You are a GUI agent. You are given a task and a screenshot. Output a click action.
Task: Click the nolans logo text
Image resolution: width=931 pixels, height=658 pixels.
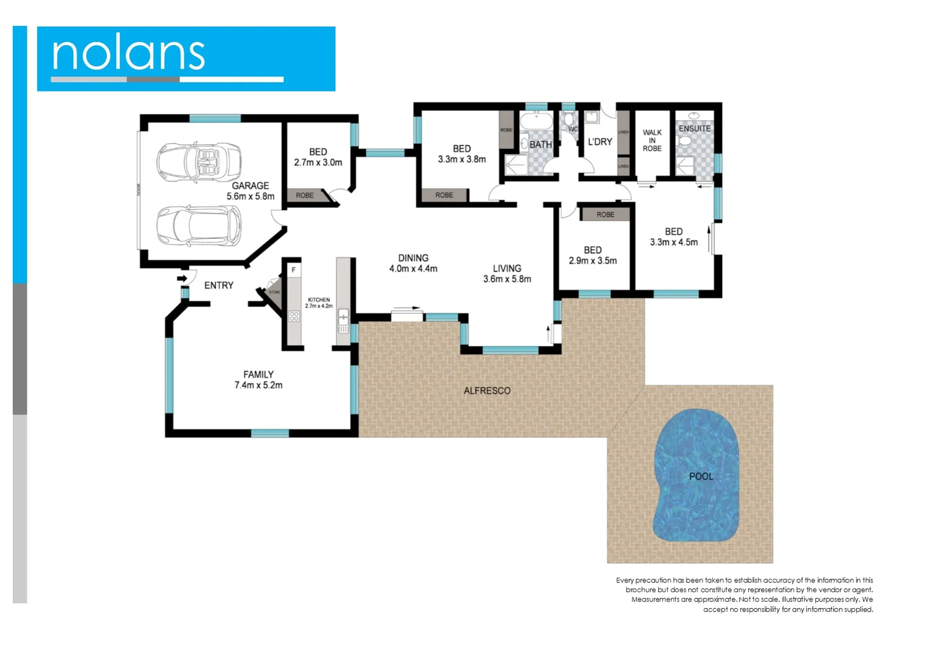pyautogui.click(x=129, y=54)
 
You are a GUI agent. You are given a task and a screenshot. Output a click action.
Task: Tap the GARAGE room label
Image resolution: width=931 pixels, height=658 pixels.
pyautogui.click(x=250, y=186)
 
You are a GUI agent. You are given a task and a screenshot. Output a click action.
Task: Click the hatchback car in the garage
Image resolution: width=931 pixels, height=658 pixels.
pyautogui.click(x=199, y=225)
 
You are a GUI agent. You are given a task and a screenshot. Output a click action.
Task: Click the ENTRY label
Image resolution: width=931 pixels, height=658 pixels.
pyautogui.click(x=219, y=285)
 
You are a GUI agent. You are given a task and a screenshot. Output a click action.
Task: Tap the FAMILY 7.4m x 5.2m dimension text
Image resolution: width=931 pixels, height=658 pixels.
pyautogui.click(x=258, y=385)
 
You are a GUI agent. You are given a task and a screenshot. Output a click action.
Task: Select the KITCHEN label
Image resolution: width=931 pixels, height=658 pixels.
pyautogui.click(x=319, y=300)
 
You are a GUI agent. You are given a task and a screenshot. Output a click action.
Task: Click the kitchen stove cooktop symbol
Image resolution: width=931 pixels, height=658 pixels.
pyautogui.click(x=294, y=316)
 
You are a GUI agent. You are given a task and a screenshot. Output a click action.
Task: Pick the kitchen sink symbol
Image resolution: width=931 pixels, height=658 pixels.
pyautogui.click(x=343, y=317)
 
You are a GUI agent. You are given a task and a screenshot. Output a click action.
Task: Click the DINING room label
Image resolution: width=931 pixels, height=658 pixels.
pyautogui.click(x=413, y=258)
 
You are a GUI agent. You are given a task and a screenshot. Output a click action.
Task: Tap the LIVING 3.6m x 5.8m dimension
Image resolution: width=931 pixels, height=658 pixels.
pyautogui.click(x=507, y=279)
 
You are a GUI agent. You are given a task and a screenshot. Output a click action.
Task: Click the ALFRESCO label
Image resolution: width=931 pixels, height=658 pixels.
pyautogui.click(x=487, y=391)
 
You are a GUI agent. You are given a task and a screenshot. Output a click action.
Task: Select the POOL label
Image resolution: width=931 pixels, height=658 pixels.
pyautogui.click(x=701, y=476)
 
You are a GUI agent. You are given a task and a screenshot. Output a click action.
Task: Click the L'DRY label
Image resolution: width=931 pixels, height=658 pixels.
pyautogui.click(x=600, y=141)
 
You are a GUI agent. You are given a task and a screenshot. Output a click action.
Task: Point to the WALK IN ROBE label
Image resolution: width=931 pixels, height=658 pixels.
pyautogui.click(x=652, y=140)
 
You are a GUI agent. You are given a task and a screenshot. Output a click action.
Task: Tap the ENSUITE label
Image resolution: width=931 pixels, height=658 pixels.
pyautogui.click(x=695, y=129)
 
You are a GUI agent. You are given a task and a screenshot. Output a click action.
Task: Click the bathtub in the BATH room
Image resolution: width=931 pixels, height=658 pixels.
pyautogui.click(x=536, y=121)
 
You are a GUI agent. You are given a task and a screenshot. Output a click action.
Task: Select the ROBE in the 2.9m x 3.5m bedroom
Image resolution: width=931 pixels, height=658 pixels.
pyautogui.click(x=605, y=214)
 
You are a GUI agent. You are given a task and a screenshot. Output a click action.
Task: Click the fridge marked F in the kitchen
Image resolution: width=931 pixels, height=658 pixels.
pyautogui.click(x=294, y=269)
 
